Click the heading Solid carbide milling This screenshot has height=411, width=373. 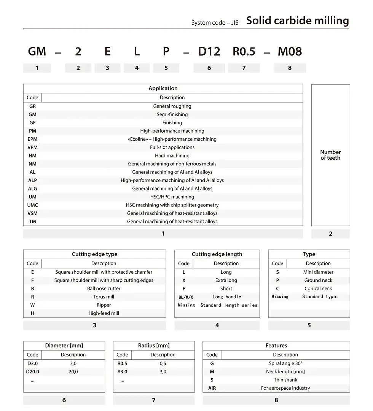pos(297,21)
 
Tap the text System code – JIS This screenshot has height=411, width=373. pos(215,23)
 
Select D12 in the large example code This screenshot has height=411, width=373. pos(209,52)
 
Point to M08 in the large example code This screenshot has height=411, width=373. pos(290,52)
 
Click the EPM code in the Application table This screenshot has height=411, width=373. pos(33,139)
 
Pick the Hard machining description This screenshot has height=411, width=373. pos(172,156)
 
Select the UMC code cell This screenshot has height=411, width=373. pos(33,205)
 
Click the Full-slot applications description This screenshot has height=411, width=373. pos(172,147)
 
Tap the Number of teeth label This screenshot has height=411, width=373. pos(330,155)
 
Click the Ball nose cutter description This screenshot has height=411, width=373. pos(104,289)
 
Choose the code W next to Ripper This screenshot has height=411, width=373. pos(33,305)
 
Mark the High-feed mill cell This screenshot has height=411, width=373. pos(104,313)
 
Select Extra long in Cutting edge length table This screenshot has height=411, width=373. pos(226,280)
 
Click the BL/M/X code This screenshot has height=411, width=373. pos(186,297)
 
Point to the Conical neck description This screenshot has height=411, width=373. pos(318,289)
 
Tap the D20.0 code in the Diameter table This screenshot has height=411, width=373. pos(33,371)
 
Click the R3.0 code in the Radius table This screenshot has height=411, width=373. pos(122,371)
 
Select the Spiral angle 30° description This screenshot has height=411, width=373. pos(285,363)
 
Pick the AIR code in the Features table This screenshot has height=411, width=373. pos(212,388)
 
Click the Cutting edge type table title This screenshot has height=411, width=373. pos(94,254)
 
